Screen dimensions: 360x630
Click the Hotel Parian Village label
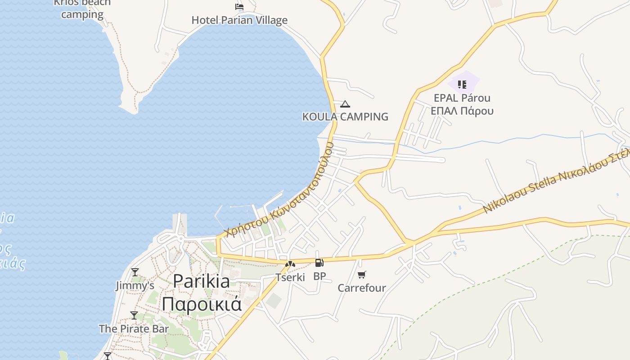[239, 20]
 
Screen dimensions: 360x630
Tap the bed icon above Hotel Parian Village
[239, 7]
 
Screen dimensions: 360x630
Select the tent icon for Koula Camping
[345, 104]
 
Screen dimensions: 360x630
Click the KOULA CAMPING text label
[345, 117]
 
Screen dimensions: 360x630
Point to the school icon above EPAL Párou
[462, 84]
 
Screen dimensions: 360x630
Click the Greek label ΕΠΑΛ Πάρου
[462, 111]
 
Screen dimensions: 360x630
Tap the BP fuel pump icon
[319, 263]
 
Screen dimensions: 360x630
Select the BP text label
[319, 276]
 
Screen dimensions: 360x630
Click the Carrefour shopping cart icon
[362, 274]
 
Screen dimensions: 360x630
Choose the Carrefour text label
[362, 288]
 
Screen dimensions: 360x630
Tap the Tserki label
[290, 277]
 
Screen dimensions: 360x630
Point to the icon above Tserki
[290, 264]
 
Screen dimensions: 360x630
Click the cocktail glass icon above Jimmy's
[135, 272]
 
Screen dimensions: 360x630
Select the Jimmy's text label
[135, 286]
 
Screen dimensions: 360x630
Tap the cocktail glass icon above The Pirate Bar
[134, 315]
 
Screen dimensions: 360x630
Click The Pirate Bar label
[134, 329]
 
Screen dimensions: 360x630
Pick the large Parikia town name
[201, 281]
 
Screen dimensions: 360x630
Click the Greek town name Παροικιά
[202, 304]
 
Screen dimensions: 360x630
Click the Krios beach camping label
[82, 9]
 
